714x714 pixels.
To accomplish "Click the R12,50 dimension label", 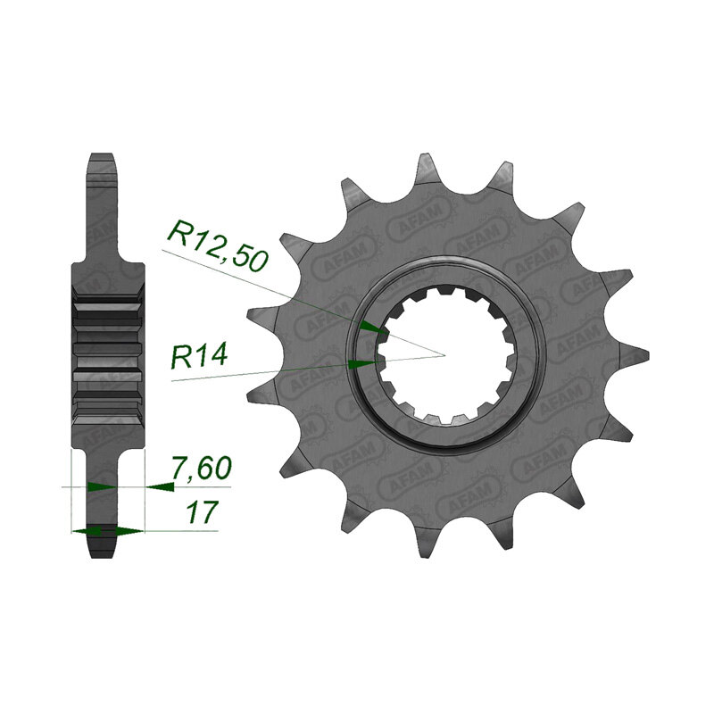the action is click(219, 246).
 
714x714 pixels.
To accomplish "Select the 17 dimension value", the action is click(200, 511).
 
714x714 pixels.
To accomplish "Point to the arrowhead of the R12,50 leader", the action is click(372, 327).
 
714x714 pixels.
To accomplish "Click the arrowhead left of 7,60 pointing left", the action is click(160, 486).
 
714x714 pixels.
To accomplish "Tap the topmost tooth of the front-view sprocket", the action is click(426, 169).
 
